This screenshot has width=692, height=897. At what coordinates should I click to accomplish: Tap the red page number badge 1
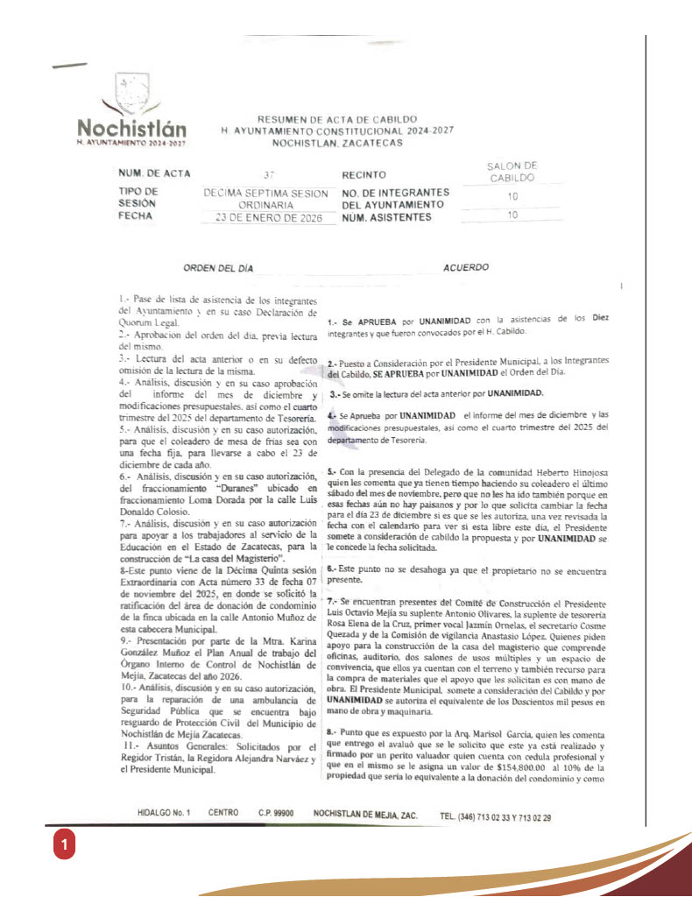63,845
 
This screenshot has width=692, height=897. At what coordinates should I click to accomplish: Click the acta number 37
268,175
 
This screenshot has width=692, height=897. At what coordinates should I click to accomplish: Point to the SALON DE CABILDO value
512,172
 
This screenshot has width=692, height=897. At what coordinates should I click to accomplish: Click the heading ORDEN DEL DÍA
218,268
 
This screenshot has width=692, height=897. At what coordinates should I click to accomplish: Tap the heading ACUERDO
466,268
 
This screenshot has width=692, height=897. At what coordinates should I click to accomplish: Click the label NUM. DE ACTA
154,174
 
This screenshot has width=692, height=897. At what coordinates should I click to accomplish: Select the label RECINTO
364,175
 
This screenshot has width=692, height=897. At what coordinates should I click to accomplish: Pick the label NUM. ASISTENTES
386,216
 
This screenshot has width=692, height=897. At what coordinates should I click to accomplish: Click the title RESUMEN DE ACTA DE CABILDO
337,119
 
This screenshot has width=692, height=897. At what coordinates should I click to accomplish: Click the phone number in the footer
496,817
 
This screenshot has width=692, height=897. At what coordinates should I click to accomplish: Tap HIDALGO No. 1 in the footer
164,814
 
